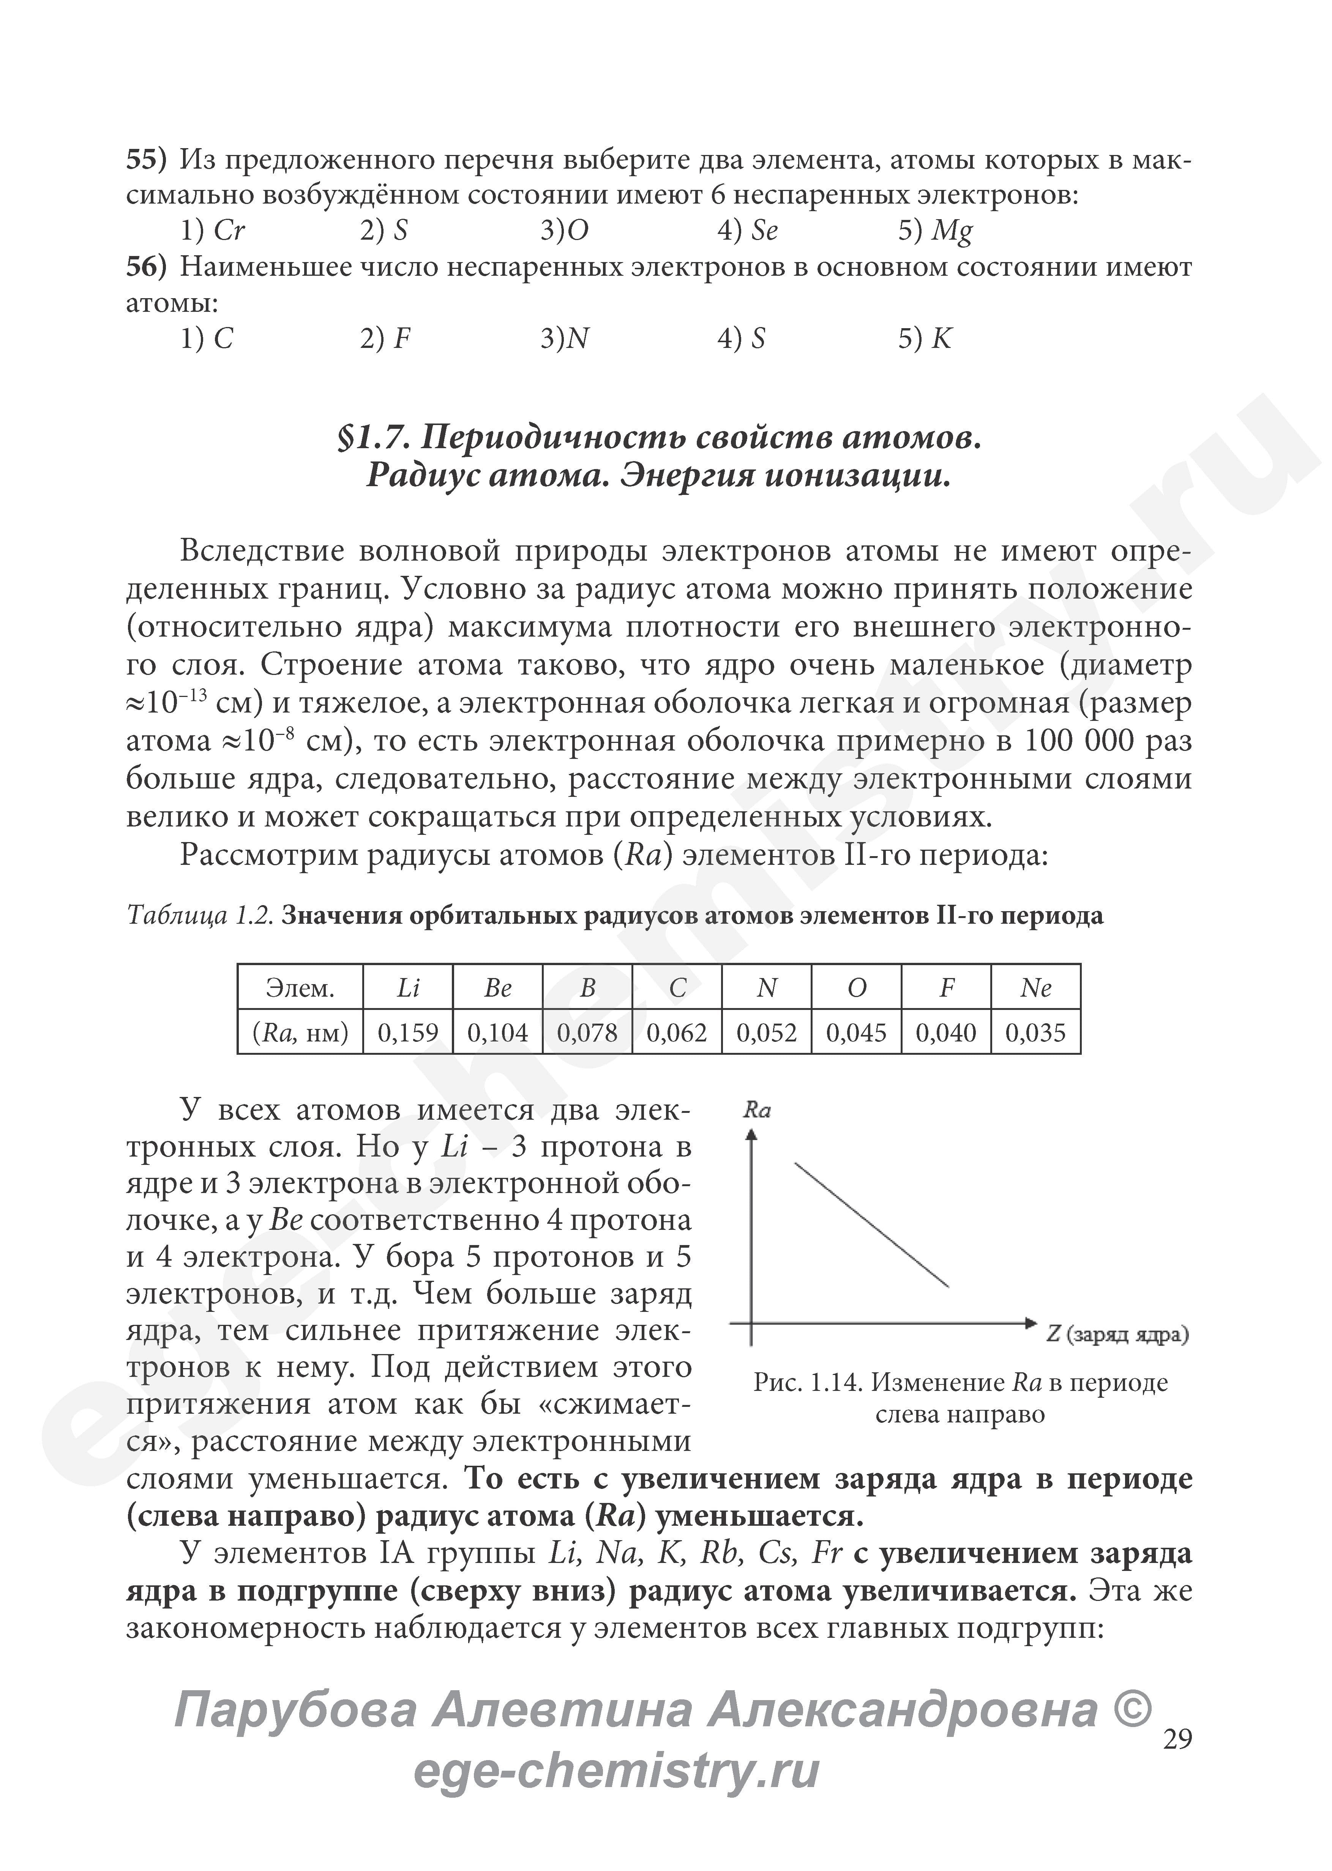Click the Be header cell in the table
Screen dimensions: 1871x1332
(497, 988)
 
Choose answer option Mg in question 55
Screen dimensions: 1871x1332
(952, 231)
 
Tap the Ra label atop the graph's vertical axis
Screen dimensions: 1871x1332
(756, 1111)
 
